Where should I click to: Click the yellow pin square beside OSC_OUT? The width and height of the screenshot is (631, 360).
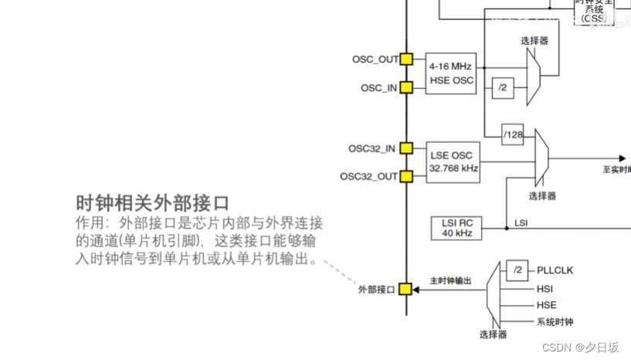coord(406,59)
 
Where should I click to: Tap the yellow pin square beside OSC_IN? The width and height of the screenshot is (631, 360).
coord(406,87)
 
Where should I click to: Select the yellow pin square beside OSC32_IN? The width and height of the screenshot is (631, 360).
coord(406,148)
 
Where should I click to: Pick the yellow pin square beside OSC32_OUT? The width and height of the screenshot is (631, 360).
coord(406,176)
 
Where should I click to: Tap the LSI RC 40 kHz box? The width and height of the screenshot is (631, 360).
coord(456,227)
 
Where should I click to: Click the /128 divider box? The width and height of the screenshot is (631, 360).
coord(513,134)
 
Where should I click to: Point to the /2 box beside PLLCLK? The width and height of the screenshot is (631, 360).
coord(516,270)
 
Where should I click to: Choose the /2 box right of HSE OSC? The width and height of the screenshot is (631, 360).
coord(503,88)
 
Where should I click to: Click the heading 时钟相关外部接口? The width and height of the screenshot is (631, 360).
coord(153,203)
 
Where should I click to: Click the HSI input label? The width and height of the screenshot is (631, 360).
coord(545,287)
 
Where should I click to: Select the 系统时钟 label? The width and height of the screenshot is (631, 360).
coord(555,322)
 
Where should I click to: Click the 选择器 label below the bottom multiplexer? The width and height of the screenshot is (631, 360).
coord(493,335)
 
